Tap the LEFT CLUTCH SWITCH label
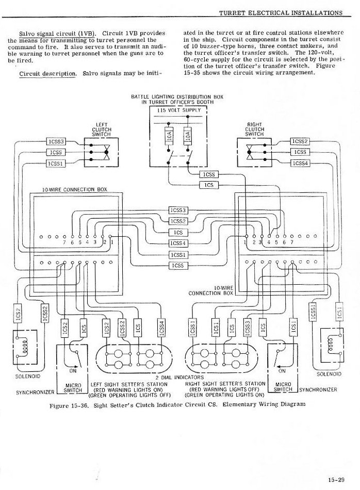[101, 129]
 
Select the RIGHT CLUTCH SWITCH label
[255, 129]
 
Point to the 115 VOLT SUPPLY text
[178, 110]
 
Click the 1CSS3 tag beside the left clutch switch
[56, 141]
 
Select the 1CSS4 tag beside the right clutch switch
[300, 164]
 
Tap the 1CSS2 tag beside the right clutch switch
[300, 141]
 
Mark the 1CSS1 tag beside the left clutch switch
[56, 164]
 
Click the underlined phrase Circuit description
[47, 73]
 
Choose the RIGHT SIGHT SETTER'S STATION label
[225, 384]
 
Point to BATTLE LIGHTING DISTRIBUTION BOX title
[178, 96]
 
